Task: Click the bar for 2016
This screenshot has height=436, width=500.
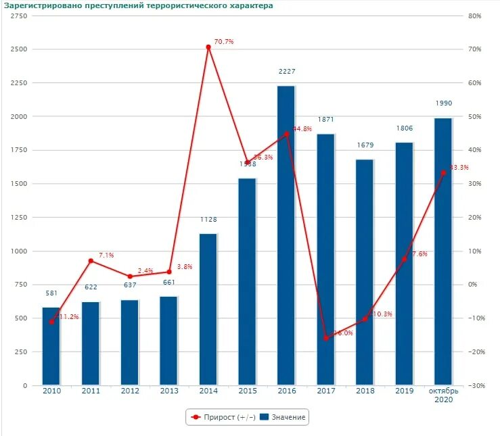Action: click(x=286, y=237)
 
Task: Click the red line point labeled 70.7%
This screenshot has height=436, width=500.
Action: click(x=208, y=47)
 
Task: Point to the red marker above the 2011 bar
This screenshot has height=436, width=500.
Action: click(x=91, y=261)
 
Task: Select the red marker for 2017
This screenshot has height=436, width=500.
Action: click(x=325, y=338)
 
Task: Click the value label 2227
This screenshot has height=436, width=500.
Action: click(x=287, y=72)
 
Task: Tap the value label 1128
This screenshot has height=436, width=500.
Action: click(x=208, y=220)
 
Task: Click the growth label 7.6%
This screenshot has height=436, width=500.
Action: click(x=419, y=254)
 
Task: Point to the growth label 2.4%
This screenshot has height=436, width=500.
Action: click(x=145, y=271)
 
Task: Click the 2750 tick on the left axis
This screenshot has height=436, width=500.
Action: click(x=20, y=16)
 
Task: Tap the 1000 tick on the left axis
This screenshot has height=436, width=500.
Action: click(x=20, y=251)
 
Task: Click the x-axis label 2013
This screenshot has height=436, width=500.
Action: click(x=169, y=391)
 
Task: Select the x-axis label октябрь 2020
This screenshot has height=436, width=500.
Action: click(x=443, y=395)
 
